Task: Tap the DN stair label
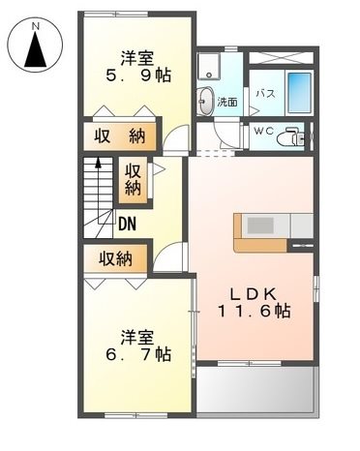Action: coord(127,225)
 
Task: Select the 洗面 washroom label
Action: coord(227,101)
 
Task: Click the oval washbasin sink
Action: coord(206,98)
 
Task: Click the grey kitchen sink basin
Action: coord(260,225)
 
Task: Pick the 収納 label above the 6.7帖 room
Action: coord(115,258)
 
